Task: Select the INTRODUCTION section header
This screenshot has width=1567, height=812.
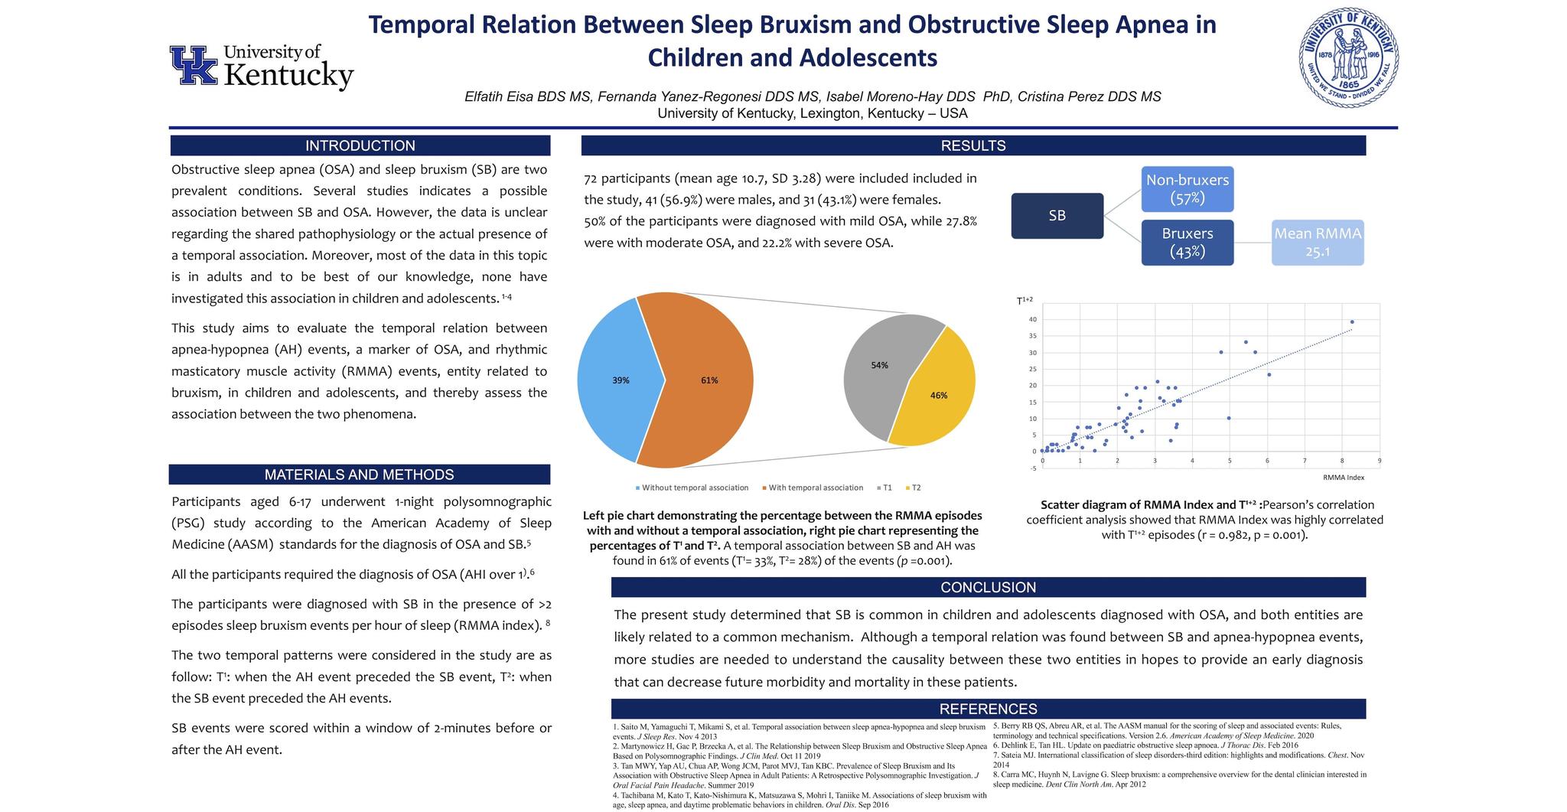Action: click(x=360, y=145)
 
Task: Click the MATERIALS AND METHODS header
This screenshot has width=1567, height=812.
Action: click(x=359, y=474)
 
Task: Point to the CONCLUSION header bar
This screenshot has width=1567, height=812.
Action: click(x=988, y=587)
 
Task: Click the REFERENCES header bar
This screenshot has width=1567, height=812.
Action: click(x=988, y=709)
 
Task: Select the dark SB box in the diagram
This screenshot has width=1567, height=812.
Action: click(x=1057, y=216)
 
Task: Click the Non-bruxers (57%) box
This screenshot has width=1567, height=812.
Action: click(x=1187, y=188)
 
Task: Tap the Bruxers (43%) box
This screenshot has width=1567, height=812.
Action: click(x=1187, y=242)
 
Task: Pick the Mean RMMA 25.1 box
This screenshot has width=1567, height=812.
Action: click(x=1317, y=242)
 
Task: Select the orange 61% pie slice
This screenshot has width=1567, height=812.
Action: click(x=708, y=380)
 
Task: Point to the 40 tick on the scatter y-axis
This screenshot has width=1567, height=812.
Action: click(x=1032, y=319)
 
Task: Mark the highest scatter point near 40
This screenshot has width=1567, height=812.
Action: click(x=1352, y=321)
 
